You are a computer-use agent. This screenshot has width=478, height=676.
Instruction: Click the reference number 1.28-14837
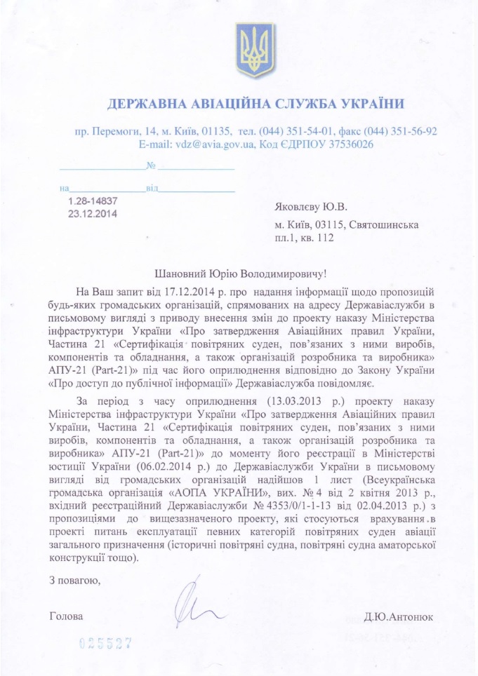(93, 201)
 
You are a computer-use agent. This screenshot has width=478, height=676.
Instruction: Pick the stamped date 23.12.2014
(92, 213)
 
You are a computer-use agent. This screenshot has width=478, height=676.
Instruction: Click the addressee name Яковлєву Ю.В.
(311, 207)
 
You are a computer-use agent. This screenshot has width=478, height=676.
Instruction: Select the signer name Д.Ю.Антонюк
(399, 617)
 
